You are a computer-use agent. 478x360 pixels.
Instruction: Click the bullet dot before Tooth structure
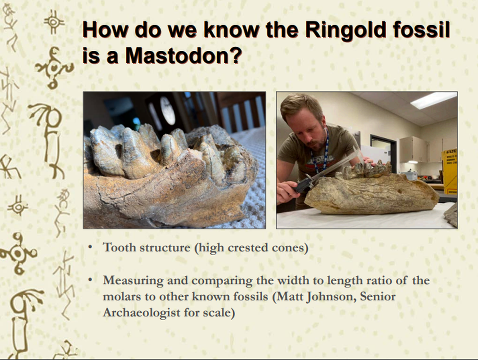91,247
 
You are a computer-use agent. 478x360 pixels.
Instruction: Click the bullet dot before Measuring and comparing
91,280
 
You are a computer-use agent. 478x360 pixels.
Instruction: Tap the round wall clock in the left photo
167,110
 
